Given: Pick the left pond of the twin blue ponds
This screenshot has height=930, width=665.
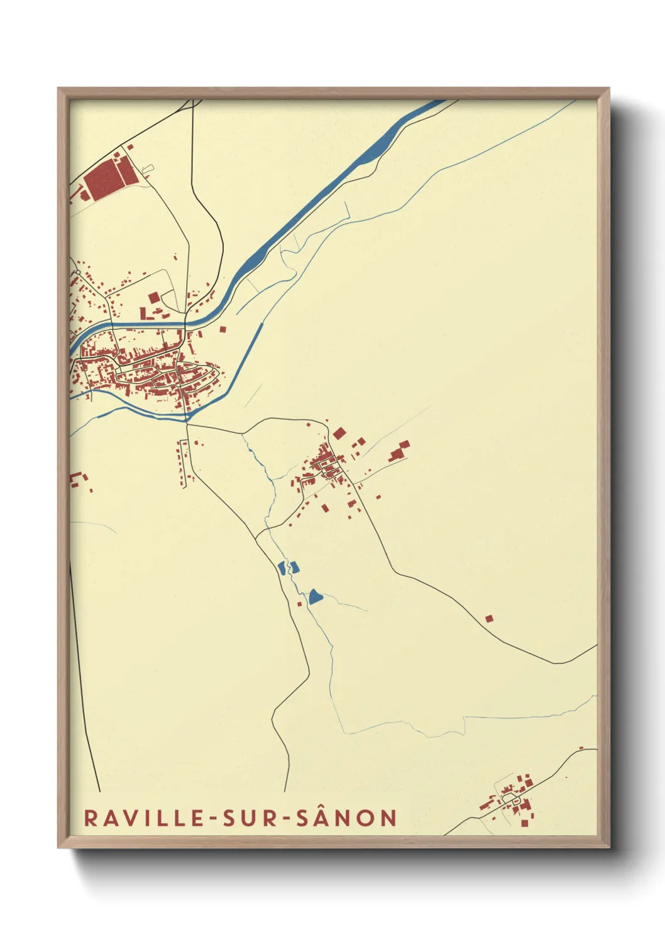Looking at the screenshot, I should pyautogui.click(x=282, y=568).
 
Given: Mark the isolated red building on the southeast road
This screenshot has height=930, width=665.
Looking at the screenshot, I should pyautogui.click(x=488, y=619).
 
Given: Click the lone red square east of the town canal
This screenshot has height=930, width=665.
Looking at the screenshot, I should pyautogui.click(x=223, y=328).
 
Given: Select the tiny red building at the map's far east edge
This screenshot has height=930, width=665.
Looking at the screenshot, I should pyautogui.click(x=581, y=748).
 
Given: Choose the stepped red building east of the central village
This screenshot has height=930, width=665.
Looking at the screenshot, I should pyautogui.click(x=398, y=451).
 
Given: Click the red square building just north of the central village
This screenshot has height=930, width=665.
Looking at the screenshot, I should pyautogui.click(x=339, y=433).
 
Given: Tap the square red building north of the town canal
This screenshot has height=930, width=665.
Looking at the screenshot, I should pyautogui.click(x=153, y=297).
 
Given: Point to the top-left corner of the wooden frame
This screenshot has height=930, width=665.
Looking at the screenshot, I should pyautogui.click(x=59, y=89).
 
